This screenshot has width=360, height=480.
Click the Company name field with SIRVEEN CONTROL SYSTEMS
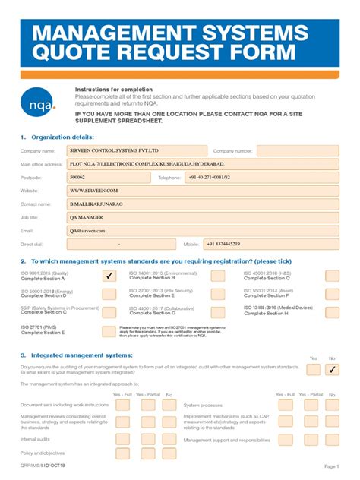click(x=137, y=151)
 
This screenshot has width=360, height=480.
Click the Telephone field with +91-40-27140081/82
click(x=258, y=177)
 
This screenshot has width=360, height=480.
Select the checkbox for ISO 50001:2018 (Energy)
click(x=109, y=293)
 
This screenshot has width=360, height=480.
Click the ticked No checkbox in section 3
click(x=332, y=369)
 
